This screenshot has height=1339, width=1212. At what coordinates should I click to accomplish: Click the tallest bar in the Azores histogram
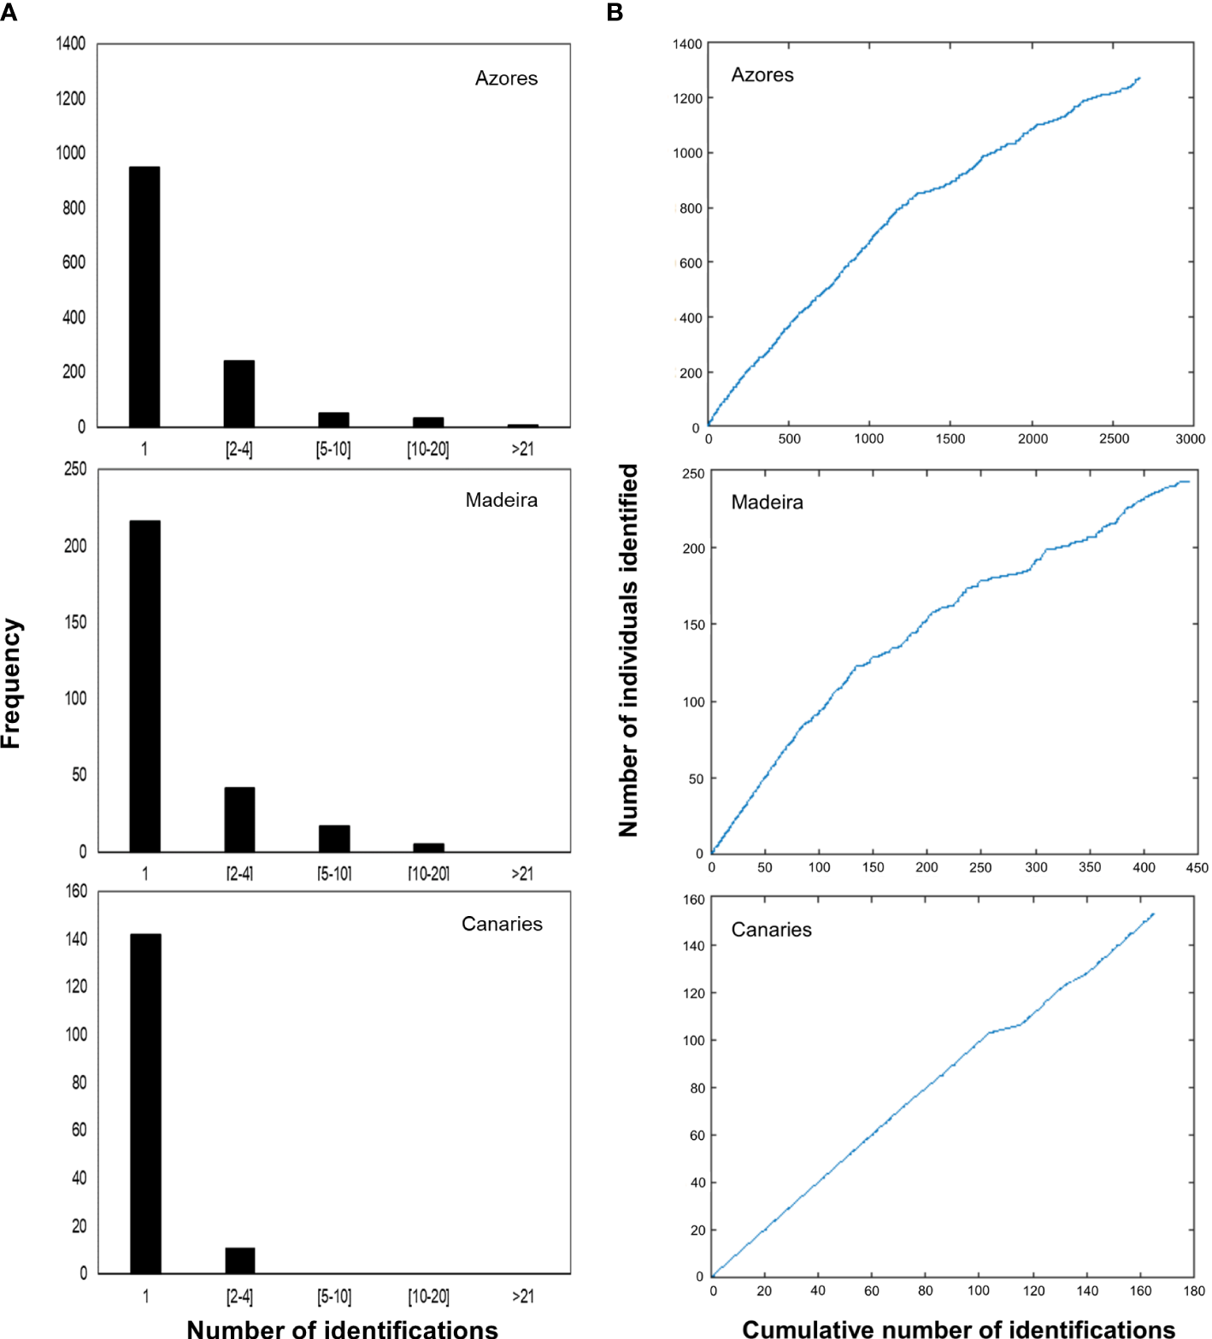pos(144,297)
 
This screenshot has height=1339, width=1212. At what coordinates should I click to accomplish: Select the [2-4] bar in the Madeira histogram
pos(239,819)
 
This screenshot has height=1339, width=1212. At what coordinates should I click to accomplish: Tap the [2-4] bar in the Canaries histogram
pos(239,1260)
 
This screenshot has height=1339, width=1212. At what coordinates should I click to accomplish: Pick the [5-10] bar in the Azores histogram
pos(333,420)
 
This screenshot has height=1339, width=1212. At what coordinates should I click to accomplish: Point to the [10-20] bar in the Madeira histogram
pos(428,848)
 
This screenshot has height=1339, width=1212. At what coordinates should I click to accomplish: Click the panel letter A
pos(9,12)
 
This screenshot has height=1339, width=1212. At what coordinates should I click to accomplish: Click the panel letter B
pos(615,12)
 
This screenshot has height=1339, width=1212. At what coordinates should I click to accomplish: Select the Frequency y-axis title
pos(11,684)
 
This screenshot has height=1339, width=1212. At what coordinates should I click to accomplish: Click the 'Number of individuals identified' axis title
pos(628,649)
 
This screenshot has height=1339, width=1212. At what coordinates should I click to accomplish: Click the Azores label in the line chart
pos(762,75)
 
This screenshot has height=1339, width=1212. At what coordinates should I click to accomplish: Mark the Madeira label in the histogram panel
pos(501,500)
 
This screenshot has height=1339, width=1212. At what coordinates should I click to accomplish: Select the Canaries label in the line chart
pos(771,930)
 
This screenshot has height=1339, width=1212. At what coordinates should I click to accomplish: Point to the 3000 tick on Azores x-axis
pos(1190,438)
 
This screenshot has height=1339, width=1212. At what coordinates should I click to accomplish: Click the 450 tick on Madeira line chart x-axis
pos(1197,867)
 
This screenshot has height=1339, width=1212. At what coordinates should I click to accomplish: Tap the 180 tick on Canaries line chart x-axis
pos(1194,1290)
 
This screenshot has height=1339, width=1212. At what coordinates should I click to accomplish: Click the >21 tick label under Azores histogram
pos(522,449)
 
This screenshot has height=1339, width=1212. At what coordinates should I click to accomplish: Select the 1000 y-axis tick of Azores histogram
pos(71,153)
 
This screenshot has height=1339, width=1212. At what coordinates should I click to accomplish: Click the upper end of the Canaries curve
pos(1153,914)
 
